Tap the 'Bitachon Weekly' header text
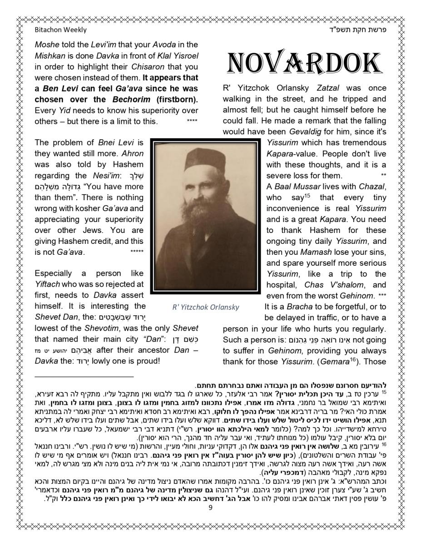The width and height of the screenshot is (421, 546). (60, 30)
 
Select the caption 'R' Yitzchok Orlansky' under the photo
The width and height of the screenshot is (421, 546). (206, 307)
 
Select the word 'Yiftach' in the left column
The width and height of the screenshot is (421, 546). (48, 284)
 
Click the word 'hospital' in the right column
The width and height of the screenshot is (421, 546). (281, 284)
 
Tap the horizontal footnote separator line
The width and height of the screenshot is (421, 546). (84, 377)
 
